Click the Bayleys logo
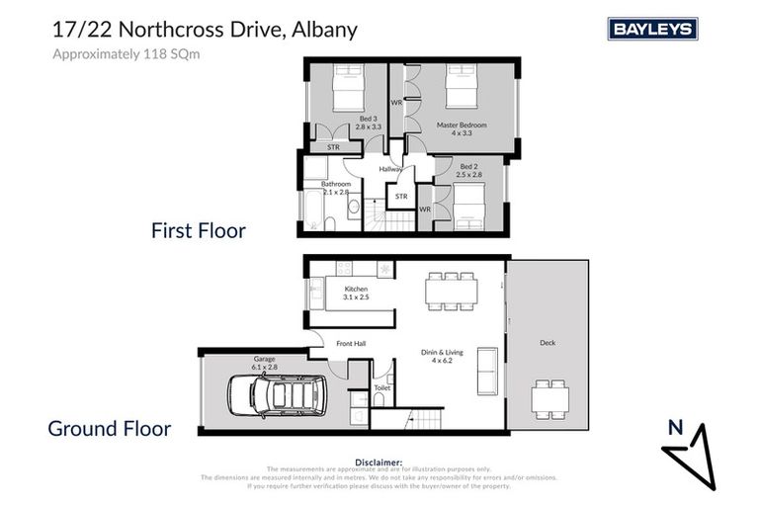[653, 30]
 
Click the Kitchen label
[356, 291]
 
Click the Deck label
[548, 343]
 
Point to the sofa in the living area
[486, 372]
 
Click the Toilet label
[381, 388]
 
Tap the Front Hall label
[351, 344]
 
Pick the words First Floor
[198, 230]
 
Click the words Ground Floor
[110, 429]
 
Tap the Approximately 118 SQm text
[126, 54]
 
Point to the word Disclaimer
[379, 462]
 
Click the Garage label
[264, 359]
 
